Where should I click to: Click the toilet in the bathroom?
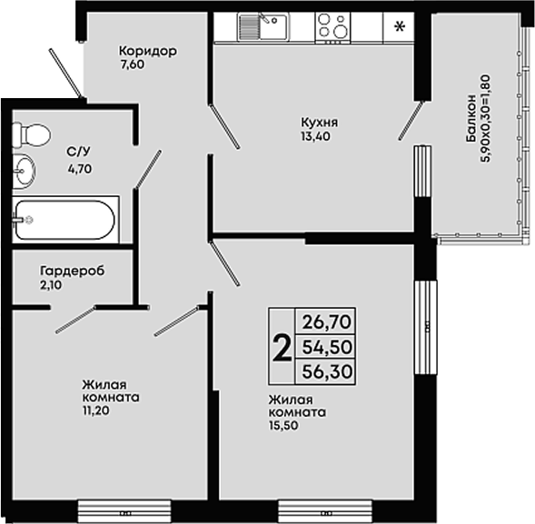(32, 135)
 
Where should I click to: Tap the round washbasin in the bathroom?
(25, 171)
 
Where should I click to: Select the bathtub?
(65, 220)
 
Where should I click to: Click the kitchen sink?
(263, 26)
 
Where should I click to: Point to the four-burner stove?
(333, 27)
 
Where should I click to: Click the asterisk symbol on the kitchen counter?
(399, 26)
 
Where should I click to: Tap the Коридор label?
(148, 51)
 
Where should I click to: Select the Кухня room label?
(320, 122)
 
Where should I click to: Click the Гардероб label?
(73, 271)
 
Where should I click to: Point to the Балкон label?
(471, 118)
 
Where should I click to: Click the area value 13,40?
(315, 136)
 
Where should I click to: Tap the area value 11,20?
(96, 411)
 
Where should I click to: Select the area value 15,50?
(283, 425)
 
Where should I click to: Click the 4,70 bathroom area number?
(80, 169)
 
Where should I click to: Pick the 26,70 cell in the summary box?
(327, 322)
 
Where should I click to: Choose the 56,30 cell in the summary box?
(327, 371)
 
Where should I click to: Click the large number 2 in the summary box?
(282, 348)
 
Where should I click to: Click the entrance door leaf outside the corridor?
(65, 73)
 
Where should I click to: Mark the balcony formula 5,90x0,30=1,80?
(486, 118)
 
